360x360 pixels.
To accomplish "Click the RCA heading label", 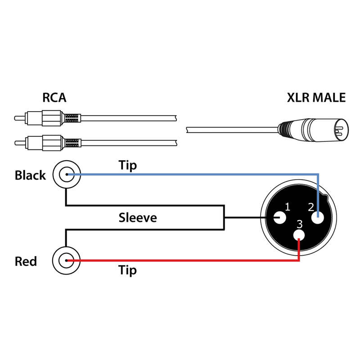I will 54,98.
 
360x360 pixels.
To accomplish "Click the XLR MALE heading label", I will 316,98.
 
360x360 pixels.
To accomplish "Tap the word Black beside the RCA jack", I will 30,175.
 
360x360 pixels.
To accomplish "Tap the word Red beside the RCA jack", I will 26,261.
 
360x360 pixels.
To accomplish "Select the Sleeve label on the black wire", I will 138,218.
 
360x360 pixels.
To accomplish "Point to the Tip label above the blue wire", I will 127,165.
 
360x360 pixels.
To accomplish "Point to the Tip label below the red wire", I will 127,270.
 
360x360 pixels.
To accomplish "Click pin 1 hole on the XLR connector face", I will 279,218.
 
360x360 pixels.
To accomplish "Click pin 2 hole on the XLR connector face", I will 319,218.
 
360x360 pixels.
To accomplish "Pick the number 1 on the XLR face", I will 288,207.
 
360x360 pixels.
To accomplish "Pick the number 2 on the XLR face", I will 310,207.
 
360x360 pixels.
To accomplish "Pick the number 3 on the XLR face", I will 300,224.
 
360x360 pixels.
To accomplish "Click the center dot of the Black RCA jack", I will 67,174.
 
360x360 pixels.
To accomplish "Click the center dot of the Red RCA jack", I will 67,261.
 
